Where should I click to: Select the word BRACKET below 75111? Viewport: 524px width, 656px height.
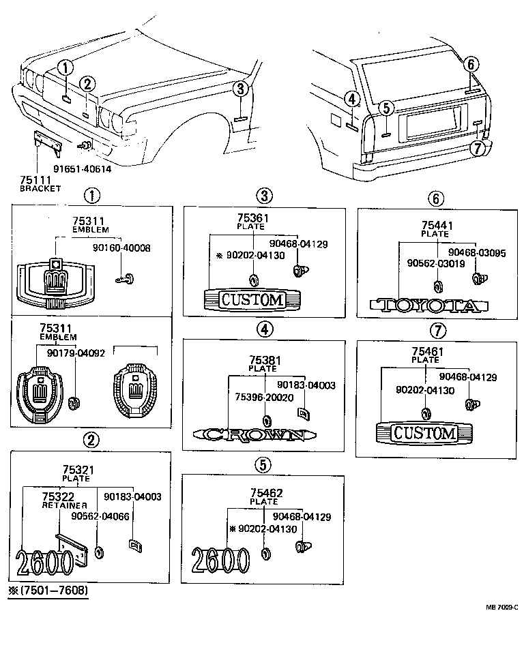pyautogui.click(x=40, y=188)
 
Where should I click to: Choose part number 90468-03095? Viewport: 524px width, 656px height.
pyautogui.click(x=481, y=252)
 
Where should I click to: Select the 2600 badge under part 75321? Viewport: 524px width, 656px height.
pyautogui.click(x=45, y=563)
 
